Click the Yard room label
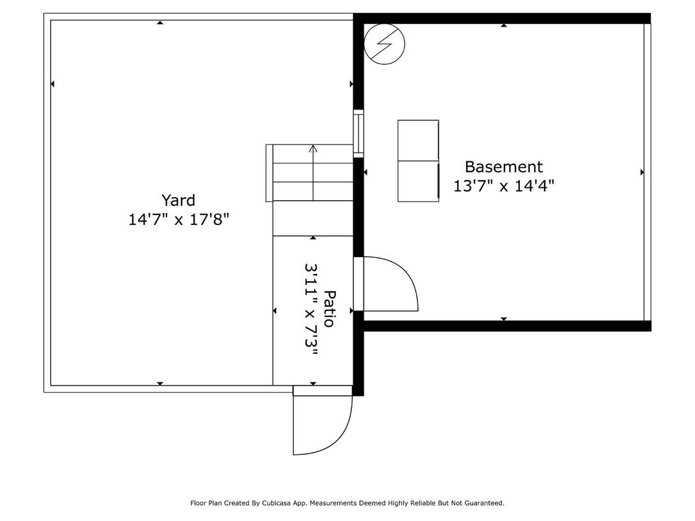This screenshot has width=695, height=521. coord(178,200)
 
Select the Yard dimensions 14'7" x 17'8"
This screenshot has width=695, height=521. coord(178,220)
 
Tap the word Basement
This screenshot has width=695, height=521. coord(503,167)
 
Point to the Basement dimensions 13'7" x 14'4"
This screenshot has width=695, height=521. coord(503,187)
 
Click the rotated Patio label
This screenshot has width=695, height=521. coord(330,308)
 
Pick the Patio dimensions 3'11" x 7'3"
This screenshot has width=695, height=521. coord(312,308)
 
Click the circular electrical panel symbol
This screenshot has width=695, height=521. coord(384,43)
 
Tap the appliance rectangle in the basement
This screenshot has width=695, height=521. coord(418,161)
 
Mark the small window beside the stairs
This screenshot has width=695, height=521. coord(358,133)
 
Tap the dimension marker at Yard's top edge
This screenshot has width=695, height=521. coord(160,23)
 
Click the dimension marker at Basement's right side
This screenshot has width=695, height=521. coord(642,172)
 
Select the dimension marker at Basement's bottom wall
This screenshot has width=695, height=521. coord(504,319)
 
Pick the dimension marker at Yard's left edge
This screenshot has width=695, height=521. coord(53,84)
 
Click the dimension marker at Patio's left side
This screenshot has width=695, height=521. coord(275,312)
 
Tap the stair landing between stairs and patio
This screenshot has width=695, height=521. coord(312,218)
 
